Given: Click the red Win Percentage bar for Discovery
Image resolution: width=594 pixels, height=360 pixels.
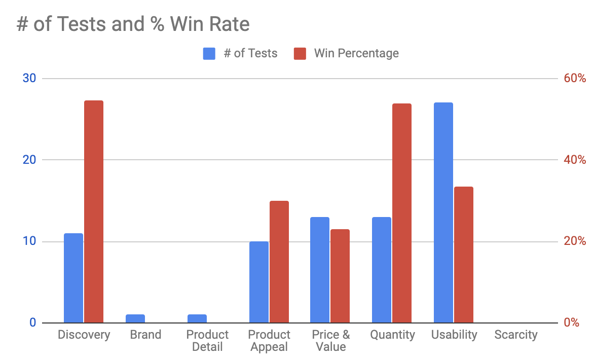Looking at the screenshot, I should point(94,211).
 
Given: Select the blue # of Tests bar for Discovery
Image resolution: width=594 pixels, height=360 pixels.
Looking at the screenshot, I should point(73,278).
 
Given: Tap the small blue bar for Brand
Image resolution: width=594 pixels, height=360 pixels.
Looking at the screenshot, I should point(135,319).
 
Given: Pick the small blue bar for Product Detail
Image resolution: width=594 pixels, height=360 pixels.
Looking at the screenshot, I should point(197,319).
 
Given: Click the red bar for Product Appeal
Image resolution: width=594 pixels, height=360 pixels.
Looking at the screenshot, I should point(279,262).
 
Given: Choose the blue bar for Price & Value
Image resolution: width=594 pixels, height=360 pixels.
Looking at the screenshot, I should point(320,270).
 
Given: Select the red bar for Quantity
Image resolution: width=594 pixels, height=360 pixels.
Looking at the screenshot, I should point(402,213).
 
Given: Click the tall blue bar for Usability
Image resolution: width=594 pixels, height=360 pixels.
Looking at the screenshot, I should point(443,212).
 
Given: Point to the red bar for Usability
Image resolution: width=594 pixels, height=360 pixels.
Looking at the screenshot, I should point(464,255).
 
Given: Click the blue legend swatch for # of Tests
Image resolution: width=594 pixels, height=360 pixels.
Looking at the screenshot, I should point(209,54).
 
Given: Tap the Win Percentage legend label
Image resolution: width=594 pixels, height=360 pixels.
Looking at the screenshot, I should point(356,54).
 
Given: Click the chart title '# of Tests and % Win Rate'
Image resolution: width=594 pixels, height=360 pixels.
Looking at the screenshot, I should point(133,24).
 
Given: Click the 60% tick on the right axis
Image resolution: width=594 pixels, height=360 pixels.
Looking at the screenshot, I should point(575,79).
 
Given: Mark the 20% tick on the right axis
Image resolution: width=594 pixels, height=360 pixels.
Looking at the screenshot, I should point(575,241).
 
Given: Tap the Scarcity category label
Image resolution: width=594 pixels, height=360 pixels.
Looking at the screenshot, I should point(516,335).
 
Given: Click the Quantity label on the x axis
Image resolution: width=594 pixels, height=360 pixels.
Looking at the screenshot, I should point(392,335).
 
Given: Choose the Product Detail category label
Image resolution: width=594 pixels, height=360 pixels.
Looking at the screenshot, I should point(207,341).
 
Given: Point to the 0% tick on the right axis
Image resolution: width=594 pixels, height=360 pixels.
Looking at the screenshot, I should point(571,323).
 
